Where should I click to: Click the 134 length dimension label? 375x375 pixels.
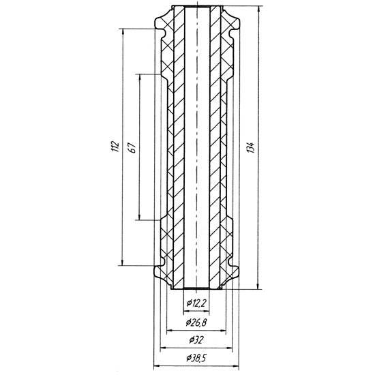point(251,148)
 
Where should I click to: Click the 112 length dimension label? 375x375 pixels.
point(115,147)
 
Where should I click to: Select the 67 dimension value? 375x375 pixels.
point(133,147)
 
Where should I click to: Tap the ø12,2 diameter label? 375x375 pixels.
point(196,304)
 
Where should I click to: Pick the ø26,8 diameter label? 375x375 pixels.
point(196,323)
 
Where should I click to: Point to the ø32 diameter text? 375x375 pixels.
point(196,340)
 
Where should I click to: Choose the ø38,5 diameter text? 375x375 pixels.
point(196,358)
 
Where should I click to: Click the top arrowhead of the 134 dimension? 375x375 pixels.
point(258,9)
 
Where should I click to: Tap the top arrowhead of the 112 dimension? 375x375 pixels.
point(123,32)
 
